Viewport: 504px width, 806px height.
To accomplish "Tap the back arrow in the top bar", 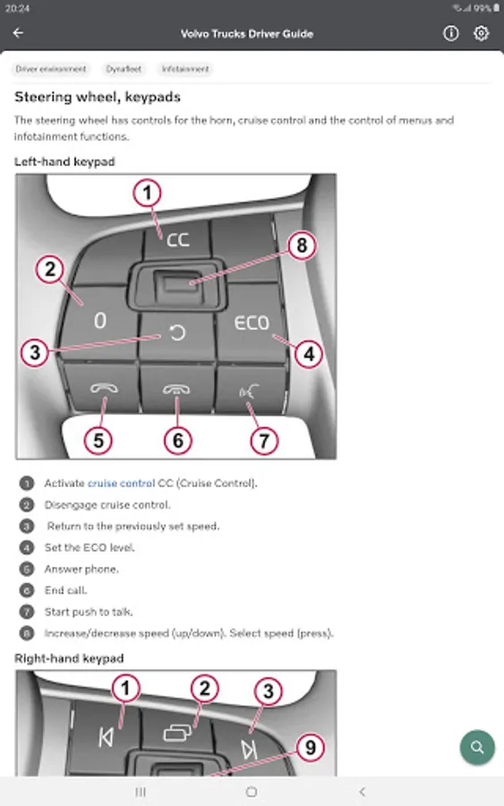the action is pyautogui.click(x=18, y=33).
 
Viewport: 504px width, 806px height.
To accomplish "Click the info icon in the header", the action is pyautogui.click(x=450, y=33).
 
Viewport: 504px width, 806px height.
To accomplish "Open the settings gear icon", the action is pyautogui.click(x=481, y=33).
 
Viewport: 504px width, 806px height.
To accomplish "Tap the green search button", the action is pyautogui.click(x=477, y=748).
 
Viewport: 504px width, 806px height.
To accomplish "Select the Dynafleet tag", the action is pyautogui.click(x=124, y=69).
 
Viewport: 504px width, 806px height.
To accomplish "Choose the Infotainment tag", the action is pyautogui.click(x=185, y=69).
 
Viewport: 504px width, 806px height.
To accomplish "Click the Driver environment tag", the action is pyautogui.click(x=51, y=69).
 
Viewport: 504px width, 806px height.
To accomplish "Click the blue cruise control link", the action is pyautogui.click(x=121, y=484).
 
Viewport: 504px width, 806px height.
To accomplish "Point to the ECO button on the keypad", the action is pyautogui.click(x=252, y=322).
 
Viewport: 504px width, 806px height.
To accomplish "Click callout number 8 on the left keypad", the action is pyautogui.click(x=302, y=245).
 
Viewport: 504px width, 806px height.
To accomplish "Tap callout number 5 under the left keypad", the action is pyautogui.click(x=98, y=441).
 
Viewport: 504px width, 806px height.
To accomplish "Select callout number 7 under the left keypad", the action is pyautogui.click(x=264, y=441).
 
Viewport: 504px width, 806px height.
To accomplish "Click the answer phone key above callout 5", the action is pyautogui.click(x=104, y=388).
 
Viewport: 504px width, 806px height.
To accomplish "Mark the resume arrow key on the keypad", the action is pyautogui.click(x=176, y=333).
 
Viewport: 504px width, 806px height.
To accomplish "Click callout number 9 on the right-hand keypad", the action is pyautogui.click(x=311, y=748).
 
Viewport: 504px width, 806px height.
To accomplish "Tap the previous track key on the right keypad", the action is pyautogui.click(x=106, y=738).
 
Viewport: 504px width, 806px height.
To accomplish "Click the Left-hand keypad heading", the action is pyautogui.click(x=64, y=162).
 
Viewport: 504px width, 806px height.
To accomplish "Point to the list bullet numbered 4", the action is pyautogui.click(x=27, y=548).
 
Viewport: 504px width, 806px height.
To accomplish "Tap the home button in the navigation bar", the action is pyautogui.click(x=252, y=792).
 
